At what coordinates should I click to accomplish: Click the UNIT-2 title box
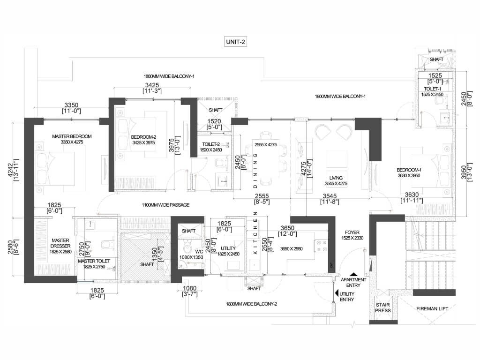pyautogui.click(x=235, y=42)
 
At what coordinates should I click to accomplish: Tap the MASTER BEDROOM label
pyautogui.click(x=72, y=136)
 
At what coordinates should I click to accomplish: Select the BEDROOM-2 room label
pyautogui.click(x=143, y=137)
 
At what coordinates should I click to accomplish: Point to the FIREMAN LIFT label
pyautogui.click(x=432, y=308)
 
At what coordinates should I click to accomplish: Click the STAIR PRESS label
pyautogui.click(x=383, y=307)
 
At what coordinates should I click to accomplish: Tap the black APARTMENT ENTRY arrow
pyautogui.click(x=353, y=275)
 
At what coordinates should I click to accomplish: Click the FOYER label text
pyautogui.click(x=352, y=232)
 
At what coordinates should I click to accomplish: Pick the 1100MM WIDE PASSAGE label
pyautogui.click(x=165, y=205)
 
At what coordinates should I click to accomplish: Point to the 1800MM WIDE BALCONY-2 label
pyautogui.click(x=252, y=304)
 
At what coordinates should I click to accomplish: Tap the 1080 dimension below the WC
pyautogui.click(x=189, y=288)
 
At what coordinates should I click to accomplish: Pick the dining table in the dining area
pyautogui.click(x=266, y=158)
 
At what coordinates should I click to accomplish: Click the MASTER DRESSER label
pyautogui.click(x=60, y=243)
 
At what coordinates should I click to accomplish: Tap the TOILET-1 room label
pyautogui.click(x=432, y=89)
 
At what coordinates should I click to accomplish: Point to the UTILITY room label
pyautogui.click(x=228, y=248)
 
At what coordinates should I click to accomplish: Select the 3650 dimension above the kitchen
pyautogui.click(x=287, y=228)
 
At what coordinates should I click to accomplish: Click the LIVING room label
pyautogui.click(x=336, y=178)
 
